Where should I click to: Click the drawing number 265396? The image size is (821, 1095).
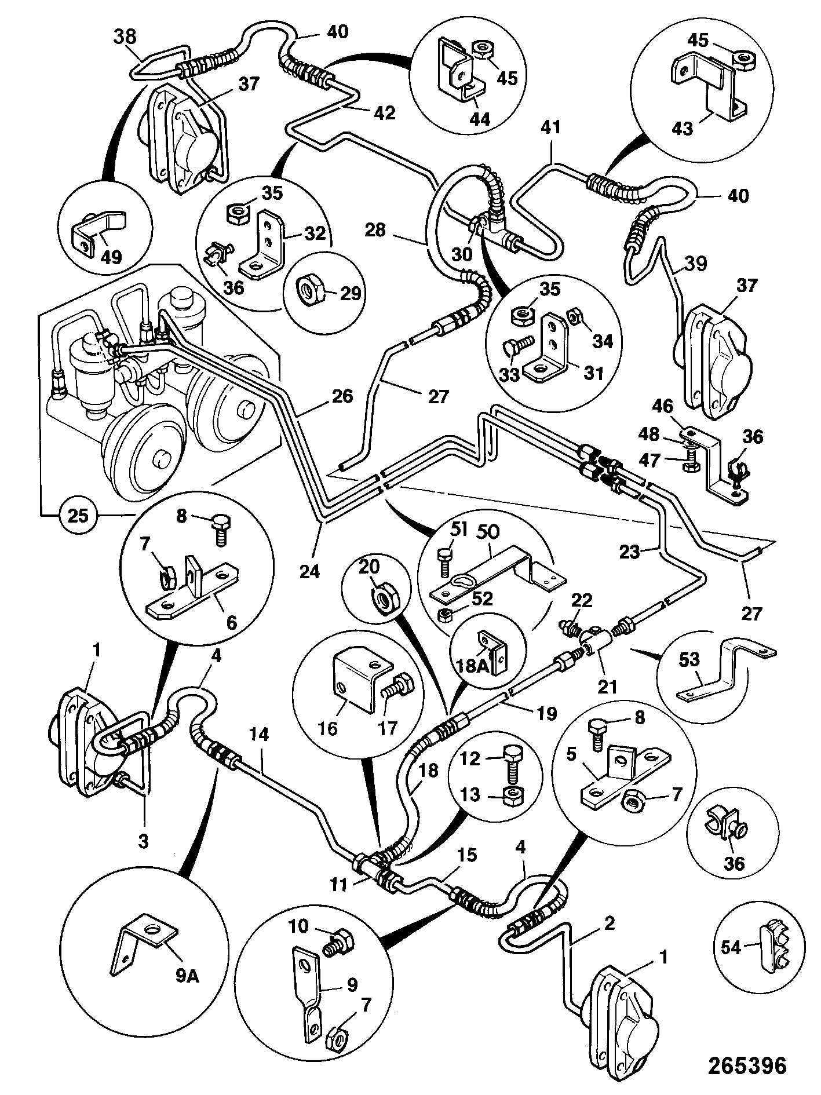tap(747, 1065)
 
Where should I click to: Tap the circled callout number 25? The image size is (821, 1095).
tap(78, 514)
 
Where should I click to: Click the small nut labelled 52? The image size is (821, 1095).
tap(446, 615)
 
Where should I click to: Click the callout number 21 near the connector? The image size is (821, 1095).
tap(607, 687)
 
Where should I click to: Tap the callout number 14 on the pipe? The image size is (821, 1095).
tap(261, 736)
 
